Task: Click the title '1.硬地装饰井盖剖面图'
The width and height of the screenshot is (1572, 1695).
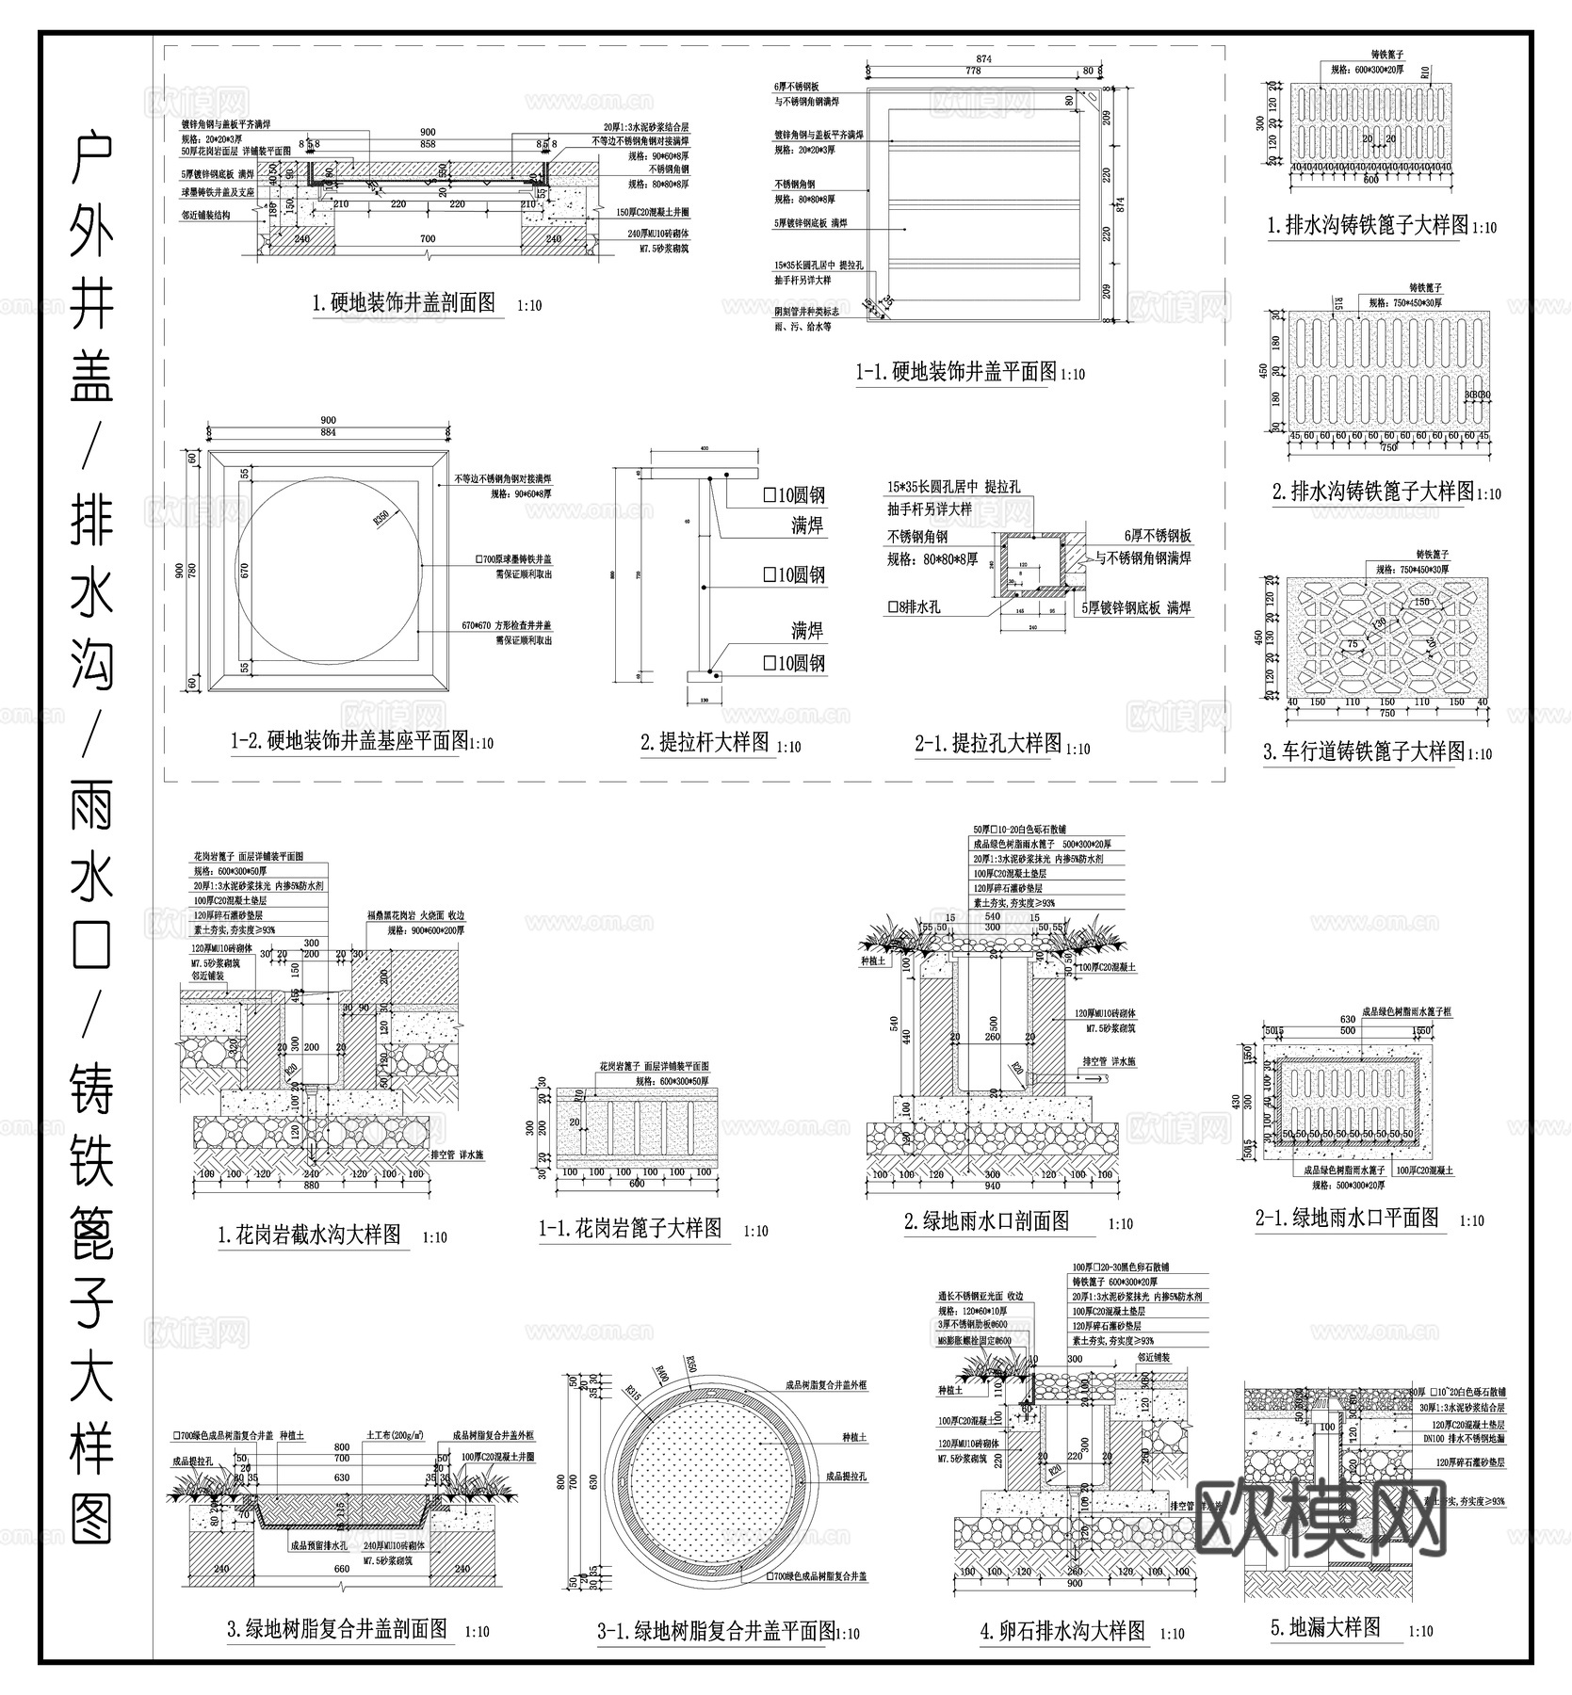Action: [403, 303]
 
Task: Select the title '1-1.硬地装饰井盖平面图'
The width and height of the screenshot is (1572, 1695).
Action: [956, 372]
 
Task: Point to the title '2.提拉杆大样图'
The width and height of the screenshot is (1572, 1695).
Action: [705, 743]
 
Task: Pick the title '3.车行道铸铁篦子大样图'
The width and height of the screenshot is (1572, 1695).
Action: [1364, 751]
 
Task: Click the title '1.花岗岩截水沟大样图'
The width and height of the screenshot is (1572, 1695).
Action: [309, 1235]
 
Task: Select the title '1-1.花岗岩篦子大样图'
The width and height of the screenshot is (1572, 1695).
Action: [630, 1228]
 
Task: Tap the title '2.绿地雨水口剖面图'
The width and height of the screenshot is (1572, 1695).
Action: [986, 1221]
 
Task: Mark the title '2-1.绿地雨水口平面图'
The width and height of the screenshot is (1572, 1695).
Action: [1348, 1218]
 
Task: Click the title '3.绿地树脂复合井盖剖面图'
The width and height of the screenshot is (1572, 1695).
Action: [337, 1630]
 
